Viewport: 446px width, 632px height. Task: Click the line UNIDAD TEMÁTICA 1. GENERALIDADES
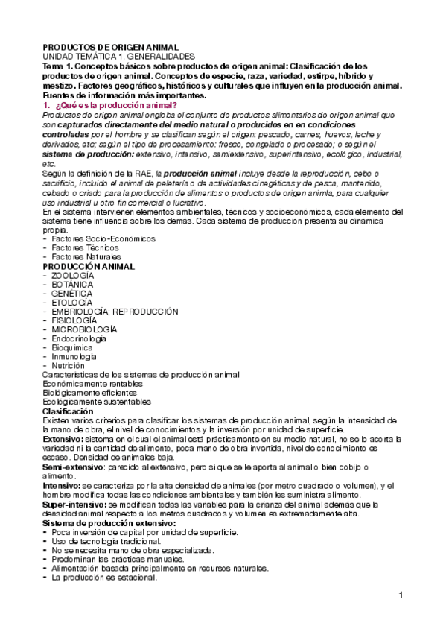click(118, 57)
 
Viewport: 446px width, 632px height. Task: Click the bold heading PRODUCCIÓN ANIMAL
click(89, 266)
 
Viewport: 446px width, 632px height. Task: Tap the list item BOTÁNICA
click(71, 285)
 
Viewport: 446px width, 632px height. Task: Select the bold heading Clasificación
click(68, 411)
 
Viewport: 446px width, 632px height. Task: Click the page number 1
click(401, 595)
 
